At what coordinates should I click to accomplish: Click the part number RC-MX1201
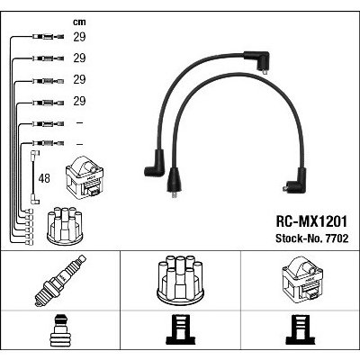click(x=311, y=221)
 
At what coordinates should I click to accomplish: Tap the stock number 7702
click(x=336, y=238)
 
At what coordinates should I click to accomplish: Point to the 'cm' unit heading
click(x=79, y=22)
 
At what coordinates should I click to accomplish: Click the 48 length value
click(x=44, y=178)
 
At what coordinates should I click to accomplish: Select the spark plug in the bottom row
click(x=60, y=281)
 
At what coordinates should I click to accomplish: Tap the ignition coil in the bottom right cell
click(x=302, y=280)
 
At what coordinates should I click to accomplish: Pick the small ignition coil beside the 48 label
click(x=85, y=178)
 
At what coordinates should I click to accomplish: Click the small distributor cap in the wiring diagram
click(x=65, y=226)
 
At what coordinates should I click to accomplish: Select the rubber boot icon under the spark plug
click(x=60, y=330)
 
